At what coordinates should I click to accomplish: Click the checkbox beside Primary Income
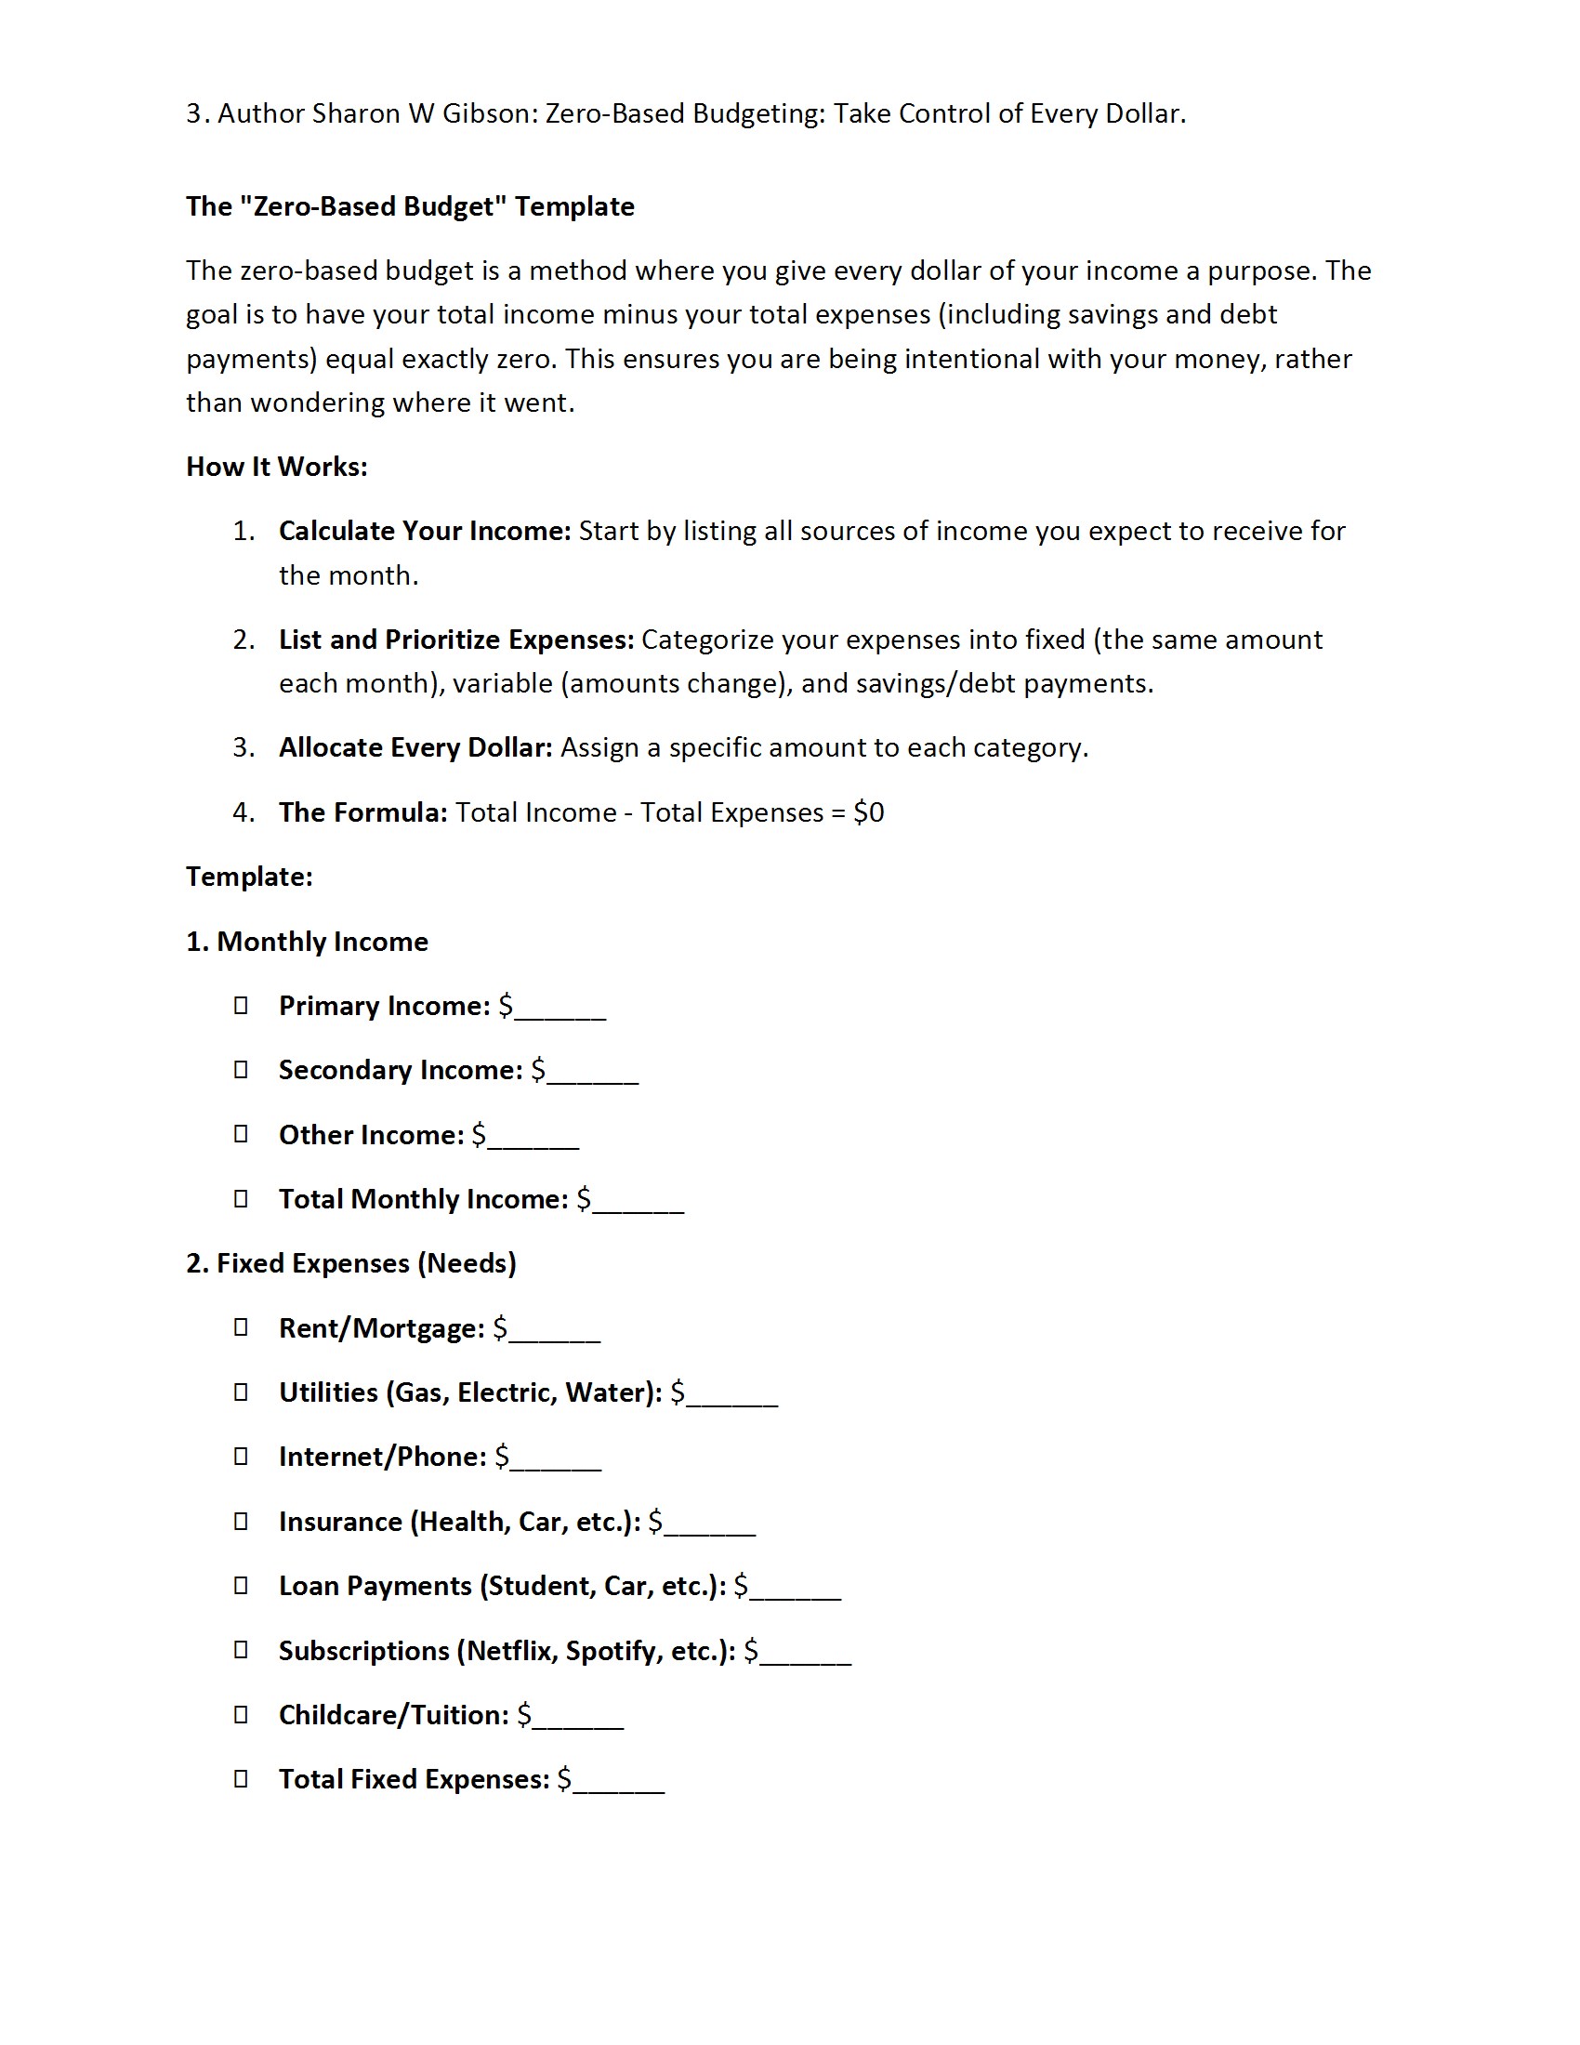[x=241, y=1005]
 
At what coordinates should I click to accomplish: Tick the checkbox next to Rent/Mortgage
[x=241, y=1326]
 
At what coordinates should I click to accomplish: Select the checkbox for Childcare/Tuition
[x=241, y=1713]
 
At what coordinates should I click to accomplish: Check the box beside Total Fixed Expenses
[x=241, y=1778]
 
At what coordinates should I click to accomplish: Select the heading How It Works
[x=276, y=467]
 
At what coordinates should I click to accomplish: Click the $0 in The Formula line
[x=869, y=811]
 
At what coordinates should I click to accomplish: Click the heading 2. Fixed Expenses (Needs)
[x=351, y=1263]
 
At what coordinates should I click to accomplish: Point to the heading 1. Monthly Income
[x=307, y=941]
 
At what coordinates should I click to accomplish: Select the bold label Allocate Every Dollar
[x=415, y=747]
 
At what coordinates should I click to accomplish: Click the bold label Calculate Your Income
[x=424, y=531]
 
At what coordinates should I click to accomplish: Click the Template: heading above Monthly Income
[x=249, y=877]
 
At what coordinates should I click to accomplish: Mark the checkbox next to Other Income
[x=241, y=1134]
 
